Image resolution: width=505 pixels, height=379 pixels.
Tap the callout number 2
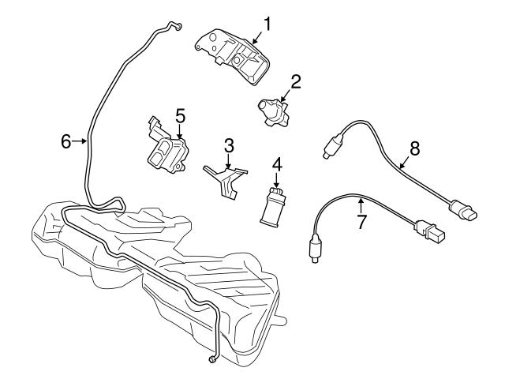coord(296,81)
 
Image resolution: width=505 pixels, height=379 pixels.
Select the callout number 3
coord(229,145)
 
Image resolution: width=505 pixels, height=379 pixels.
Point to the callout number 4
coord(277,165)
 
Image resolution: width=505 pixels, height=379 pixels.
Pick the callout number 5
coord(180,116)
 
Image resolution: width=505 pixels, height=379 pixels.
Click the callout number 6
coord(67,141)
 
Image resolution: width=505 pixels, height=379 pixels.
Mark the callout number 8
coord(414,148)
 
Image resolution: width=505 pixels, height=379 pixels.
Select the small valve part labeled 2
coord(272,111)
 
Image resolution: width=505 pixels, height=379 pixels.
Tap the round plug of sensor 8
coord(464,212)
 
